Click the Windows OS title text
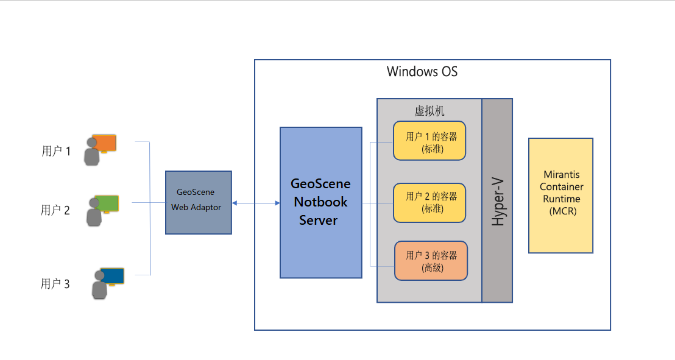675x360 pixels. point(422,72)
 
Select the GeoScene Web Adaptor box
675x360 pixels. point(199,202)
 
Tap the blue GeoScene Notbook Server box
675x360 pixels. point(320,202)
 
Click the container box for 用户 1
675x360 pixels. point(429,141)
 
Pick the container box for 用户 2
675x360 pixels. point(429,202)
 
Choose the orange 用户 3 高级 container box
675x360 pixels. point(431,261)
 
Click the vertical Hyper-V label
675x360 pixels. point(498,201)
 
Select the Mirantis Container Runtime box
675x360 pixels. point(560,195)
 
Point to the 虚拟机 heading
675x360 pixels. point(429,110)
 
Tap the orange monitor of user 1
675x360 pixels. point(104,143)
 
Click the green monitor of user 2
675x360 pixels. point(106,203)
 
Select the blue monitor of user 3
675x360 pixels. point(112,276)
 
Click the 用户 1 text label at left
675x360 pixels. point(56,151)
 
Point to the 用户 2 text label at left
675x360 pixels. point(55,211)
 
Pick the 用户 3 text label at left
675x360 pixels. point(55,284)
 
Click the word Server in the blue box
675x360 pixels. point(318,220)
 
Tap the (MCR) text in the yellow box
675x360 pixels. point(562,211)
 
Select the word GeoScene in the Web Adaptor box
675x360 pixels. point(196,192)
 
